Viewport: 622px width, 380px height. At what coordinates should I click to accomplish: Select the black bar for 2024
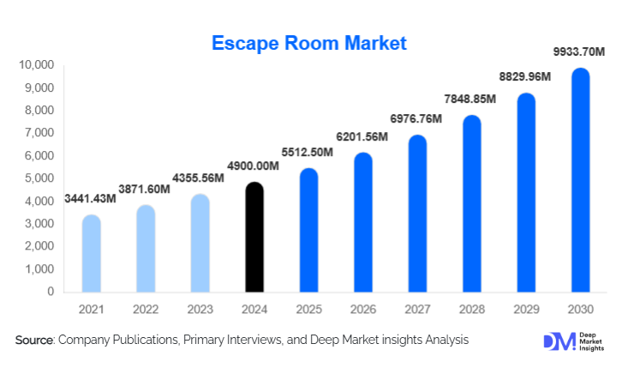coord(254,238)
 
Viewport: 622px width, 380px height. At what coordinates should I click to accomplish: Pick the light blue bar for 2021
coord(91,254)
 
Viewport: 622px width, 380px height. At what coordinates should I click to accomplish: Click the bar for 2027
coord(417,214)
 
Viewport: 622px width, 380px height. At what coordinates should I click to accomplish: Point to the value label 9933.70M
coord(579,53)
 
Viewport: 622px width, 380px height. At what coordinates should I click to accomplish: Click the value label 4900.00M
coord(254,166)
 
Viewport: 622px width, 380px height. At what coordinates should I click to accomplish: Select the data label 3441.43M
coord(90,198)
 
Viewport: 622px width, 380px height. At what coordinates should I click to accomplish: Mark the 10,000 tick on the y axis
coord(35,65)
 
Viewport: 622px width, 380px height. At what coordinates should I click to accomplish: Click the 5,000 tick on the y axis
coord(39,178)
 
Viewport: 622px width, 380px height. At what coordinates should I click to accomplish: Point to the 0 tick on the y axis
coord(51,292)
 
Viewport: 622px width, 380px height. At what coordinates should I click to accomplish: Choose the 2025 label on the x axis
coord(308,309)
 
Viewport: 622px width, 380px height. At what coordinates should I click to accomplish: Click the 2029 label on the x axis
coord(526,309)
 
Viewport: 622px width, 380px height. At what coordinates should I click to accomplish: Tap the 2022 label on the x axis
coord(145,309)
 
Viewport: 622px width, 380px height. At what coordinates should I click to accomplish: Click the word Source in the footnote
coord(34,341)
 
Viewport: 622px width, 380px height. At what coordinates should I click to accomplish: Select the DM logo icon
coord(554,341)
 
